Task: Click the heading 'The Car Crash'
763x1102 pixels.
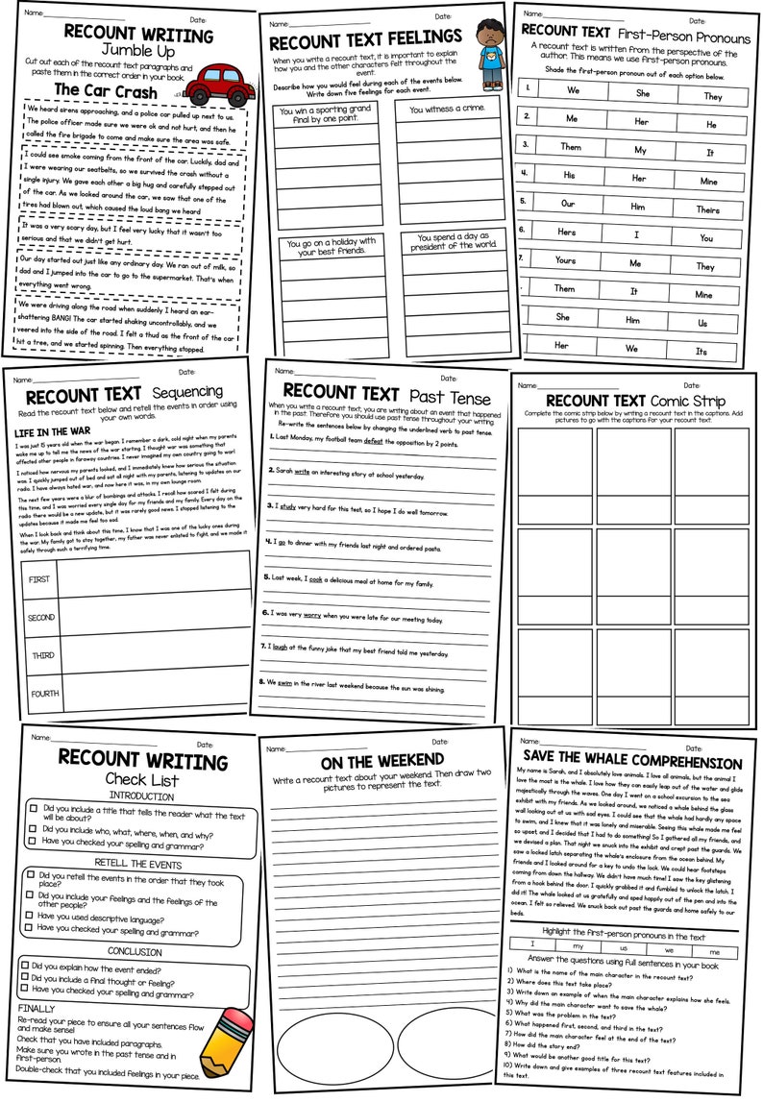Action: tap(105, 89)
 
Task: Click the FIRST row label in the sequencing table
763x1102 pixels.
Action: tap(38, 579)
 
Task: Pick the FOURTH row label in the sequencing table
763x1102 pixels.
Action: tap(44, 693)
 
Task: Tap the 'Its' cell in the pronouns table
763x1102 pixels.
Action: tap(701, 352)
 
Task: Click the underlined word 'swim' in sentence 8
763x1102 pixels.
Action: tap(306, 687)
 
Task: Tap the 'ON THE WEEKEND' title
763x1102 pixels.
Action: tap(380, 764)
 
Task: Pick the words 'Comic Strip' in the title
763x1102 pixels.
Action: tap(688, 400)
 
